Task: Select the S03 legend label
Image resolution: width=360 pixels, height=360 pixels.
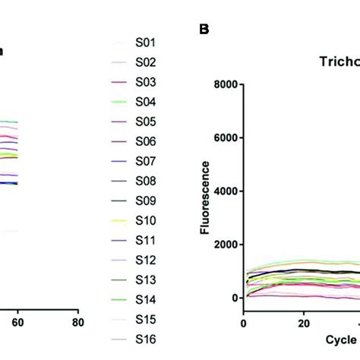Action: coord(145,82)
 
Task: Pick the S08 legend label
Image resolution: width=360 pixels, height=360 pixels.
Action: coord(145,181)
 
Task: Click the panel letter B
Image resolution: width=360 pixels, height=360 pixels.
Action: coord(204,30)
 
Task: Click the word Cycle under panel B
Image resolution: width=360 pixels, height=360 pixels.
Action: coord(336,335)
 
